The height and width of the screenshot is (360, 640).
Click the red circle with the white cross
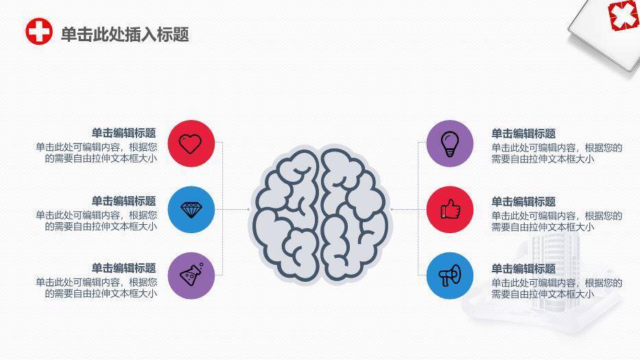(39, 31)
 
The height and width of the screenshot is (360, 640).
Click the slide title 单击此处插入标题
(125, 34)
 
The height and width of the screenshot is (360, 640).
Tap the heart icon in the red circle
(191, 144)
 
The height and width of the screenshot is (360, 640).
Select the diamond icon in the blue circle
(191, 210)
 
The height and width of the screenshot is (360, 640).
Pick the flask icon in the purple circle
(191, 274)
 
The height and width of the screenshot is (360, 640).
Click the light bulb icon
(450, 144)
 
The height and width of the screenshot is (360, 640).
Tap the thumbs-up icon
(450, 209)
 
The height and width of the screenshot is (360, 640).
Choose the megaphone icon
(450, 276)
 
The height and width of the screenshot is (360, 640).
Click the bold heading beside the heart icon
(123, 133)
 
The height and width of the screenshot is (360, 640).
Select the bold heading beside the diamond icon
(123, 201)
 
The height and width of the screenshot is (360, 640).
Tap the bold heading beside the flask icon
(123, 268)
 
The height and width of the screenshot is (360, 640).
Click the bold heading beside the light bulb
(523, 134)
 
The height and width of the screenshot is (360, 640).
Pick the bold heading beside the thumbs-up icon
(523, 202)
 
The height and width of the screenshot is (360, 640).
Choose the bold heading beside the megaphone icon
(523, 269)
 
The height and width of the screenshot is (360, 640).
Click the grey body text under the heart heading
(96, 153)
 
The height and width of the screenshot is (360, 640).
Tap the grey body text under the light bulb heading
(557, 154)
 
